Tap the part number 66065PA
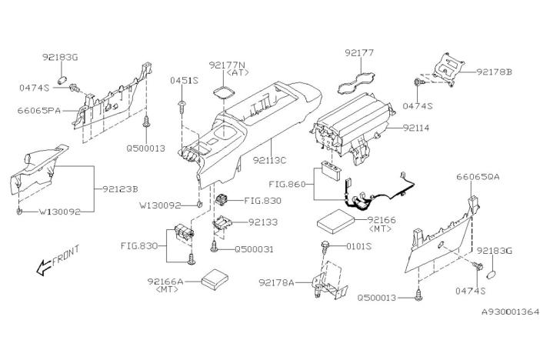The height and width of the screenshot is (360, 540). (38, 111)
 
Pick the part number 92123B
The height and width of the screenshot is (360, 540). (121, 187)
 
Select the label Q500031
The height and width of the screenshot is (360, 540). (252, 248)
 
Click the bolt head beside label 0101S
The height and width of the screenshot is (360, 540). (326, 247)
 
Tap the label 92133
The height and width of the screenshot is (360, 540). (263, 222)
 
